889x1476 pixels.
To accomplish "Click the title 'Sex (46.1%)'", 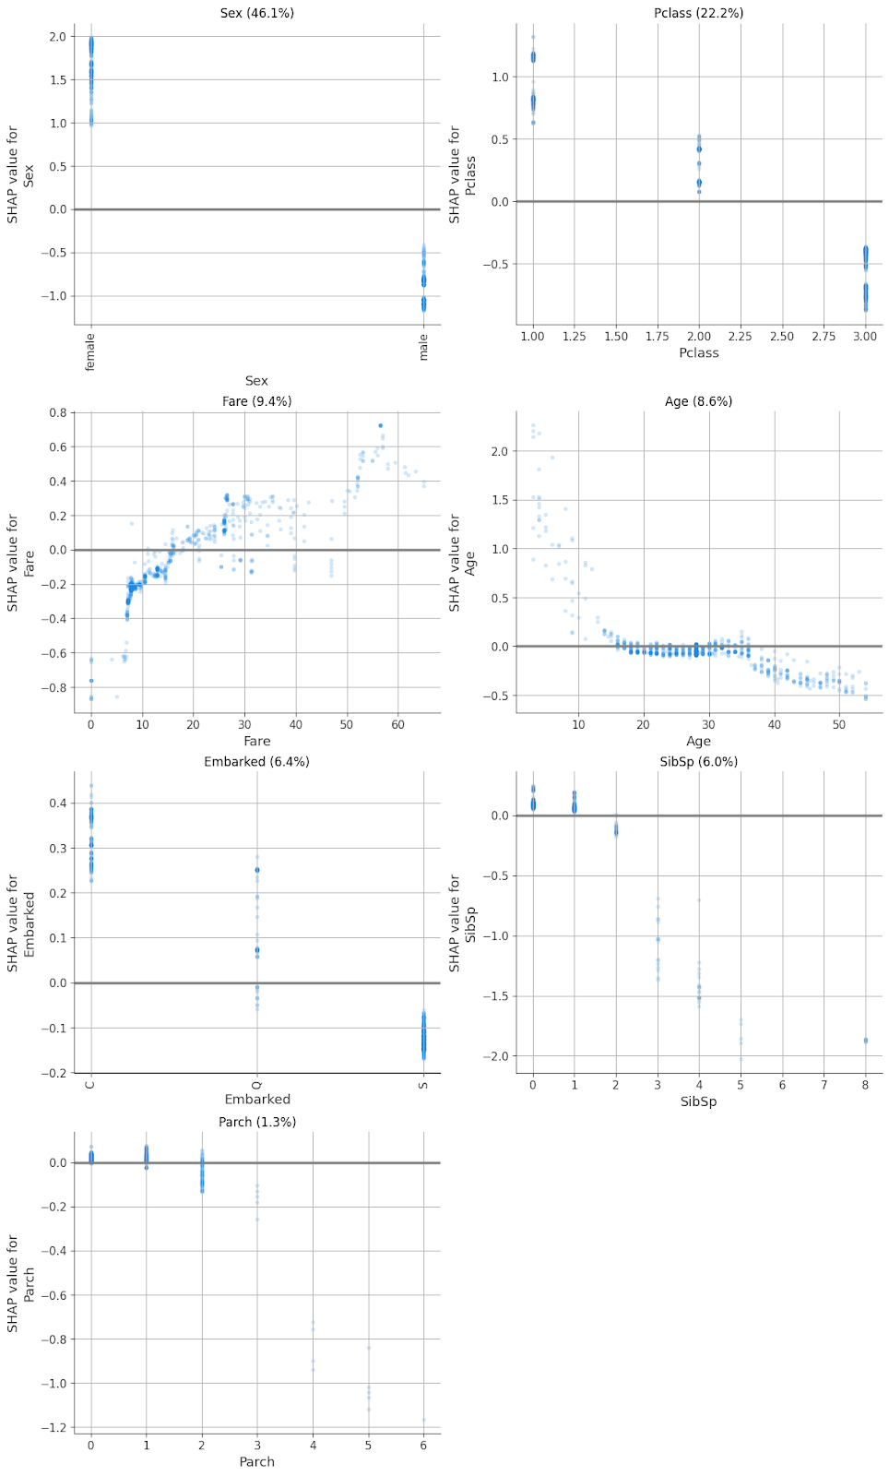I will tap(256, 13).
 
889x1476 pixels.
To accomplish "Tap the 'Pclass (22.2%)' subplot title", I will tap(698, 13).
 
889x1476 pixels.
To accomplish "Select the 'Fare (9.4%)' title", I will tap(256, 401).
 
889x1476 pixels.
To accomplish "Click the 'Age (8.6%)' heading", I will tap(698, 401).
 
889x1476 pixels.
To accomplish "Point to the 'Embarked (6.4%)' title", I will tap(256, 762).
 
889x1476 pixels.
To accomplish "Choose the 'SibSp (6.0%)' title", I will tap(698, 762).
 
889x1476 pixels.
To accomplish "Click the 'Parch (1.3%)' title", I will tap(256, 1122).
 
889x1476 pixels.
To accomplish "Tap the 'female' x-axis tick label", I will tap(90, 352).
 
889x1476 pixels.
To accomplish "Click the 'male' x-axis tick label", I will tap(423, 347).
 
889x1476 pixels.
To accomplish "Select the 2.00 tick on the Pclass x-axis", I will tap(698, 337).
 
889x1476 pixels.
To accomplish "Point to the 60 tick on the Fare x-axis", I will tap(397, 725).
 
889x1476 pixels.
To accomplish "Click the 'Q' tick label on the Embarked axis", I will tap(257, 1084).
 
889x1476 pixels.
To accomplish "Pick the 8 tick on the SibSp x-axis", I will tap(865, 1085).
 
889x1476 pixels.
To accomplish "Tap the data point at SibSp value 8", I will tap(865, 1041).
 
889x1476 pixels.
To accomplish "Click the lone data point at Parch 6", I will tap(423, 1420).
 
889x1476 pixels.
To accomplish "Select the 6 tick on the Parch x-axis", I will tap(423, 1446).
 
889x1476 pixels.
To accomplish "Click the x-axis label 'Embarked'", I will tap(256, 1100).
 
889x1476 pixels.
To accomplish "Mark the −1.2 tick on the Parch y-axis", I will tap(57, 1428).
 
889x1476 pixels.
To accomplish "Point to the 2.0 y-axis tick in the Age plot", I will tap(500, 452).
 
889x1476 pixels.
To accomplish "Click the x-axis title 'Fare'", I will tap(256, 742).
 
